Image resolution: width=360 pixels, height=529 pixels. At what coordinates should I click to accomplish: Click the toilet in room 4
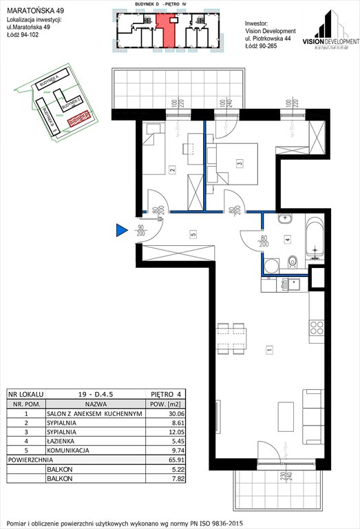[292, 260]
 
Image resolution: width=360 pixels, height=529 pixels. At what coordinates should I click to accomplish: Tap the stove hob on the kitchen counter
[317, 326]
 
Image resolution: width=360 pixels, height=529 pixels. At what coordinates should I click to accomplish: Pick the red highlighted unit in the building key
[166, 30]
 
